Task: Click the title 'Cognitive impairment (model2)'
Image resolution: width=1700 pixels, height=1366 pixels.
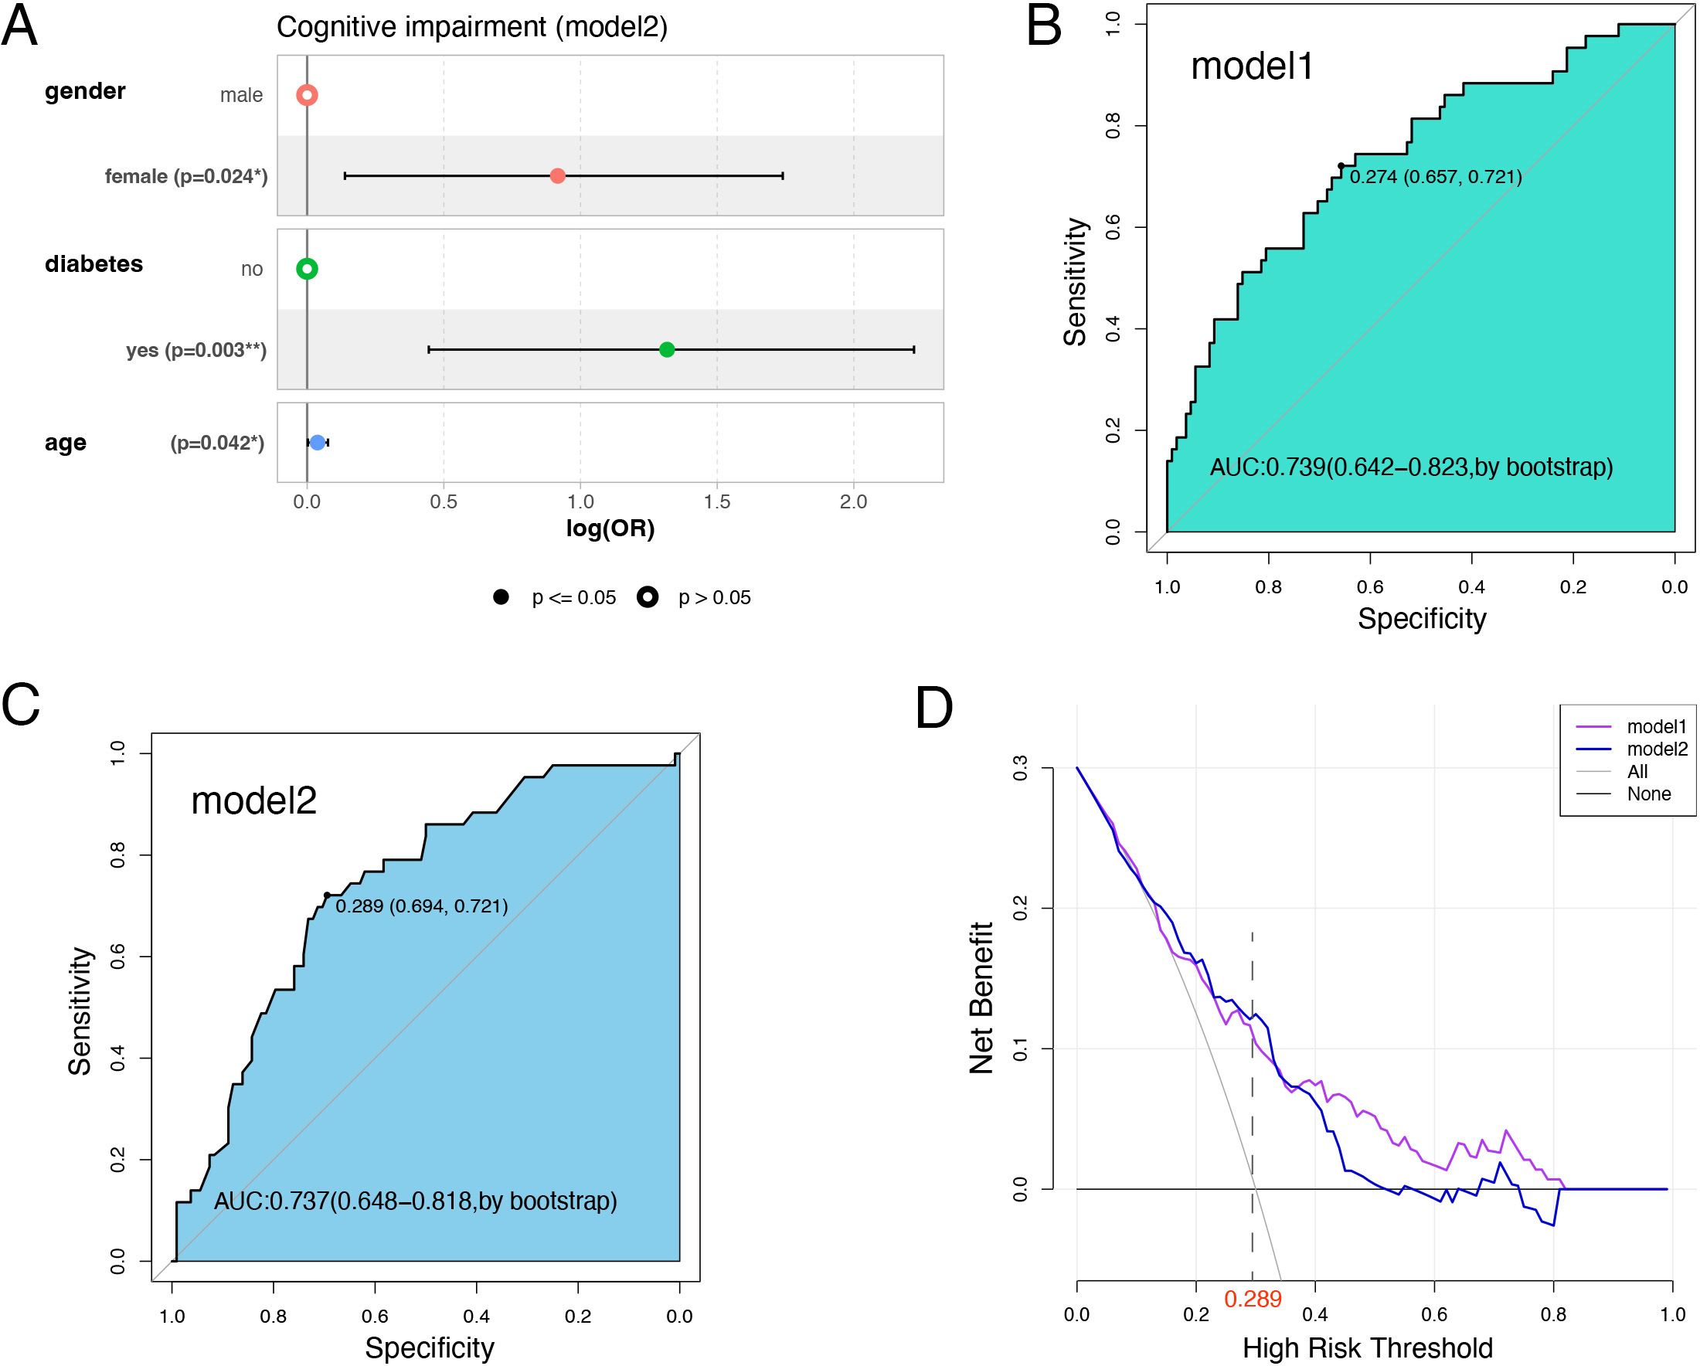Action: [471, 28]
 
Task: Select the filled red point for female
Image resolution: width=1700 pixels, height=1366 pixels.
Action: [557, 176]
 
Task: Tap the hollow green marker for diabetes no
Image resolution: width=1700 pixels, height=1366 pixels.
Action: [307, 269]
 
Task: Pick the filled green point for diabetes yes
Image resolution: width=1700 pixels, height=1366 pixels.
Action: [667, 349]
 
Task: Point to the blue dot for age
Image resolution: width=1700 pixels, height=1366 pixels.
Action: [317, 443]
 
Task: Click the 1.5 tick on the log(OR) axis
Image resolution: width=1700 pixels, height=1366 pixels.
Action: [717, 502]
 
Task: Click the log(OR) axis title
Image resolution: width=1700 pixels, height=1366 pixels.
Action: [610, 528]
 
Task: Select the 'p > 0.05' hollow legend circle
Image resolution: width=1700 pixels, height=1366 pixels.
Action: [648, 597]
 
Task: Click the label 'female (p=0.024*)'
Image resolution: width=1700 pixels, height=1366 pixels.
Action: [186, 177]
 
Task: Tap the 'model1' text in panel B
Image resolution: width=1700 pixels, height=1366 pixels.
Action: [1252, 66]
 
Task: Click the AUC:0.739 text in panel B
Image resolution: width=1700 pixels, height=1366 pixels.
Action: [1412, 467]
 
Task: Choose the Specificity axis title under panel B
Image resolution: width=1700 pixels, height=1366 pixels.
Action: [1422, 619]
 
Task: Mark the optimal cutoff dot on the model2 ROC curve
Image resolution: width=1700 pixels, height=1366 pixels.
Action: [326, 895]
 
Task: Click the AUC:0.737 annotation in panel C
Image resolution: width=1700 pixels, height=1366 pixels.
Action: [416, 1201]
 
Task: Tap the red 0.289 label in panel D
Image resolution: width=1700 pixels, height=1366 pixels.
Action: [1253, 1299]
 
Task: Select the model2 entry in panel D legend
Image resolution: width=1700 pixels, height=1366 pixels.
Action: [1657, 749]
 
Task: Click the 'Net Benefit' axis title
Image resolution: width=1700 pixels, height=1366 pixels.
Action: [981, 998]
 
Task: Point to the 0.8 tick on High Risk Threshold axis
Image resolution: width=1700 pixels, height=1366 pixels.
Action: [1553, 1315]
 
